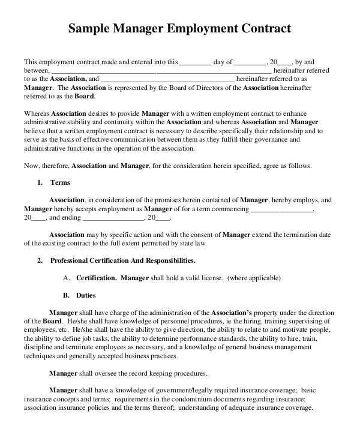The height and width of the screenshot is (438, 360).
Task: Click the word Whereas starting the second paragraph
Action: pos(37,113)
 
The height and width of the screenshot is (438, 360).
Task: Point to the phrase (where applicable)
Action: pos(253,278)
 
